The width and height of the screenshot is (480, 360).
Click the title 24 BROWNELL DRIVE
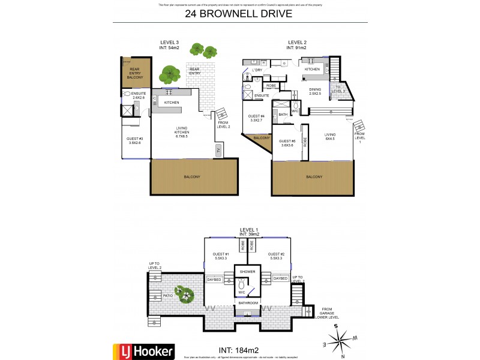click(x=239, y=13)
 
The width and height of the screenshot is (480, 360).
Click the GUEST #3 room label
click(x=134, y=140)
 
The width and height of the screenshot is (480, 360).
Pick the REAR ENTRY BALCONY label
click(x=135, y=74)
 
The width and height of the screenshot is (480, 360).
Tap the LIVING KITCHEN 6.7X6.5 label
click(x=181, y=131)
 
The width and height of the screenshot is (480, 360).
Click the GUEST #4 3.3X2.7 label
click(x=256, y=119)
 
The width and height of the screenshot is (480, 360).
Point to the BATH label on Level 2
click(x=283, y=113)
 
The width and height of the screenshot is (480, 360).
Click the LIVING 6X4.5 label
click(x=329, y=137)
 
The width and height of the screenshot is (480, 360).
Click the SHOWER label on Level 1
click(x=248, y=272)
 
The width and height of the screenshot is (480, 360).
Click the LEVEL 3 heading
click(x=169, y=41)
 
